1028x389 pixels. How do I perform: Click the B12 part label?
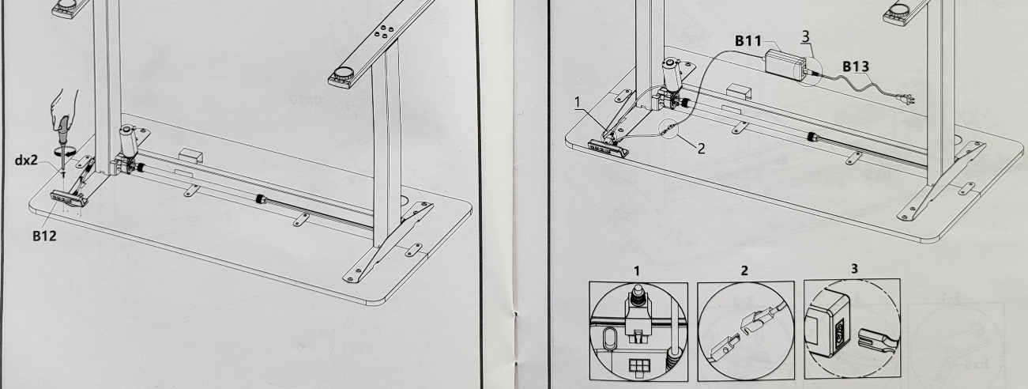point(44,236)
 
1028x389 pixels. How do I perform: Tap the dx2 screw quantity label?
point(27,161)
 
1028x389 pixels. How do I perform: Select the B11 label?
point(748,41)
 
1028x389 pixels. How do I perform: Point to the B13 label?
point(856,66)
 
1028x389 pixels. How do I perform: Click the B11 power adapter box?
point(785,62)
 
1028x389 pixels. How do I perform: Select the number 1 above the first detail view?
point(637,271)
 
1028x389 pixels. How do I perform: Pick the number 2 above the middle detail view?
point(744,271)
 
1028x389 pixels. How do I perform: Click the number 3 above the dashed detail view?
point(853,269)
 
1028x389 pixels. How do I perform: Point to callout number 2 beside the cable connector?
point(701,149)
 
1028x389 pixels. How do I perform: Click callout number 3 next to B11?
point(806,36)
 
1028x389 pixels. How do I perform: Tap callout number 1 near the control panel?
point(578,102)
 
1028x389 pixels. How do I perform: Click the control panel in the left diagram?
point(68,198)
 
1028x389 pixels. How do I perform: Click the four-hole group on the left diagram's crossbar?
point(382,31)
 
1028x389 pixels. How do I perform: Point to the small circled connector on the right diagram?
point(668,129)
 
